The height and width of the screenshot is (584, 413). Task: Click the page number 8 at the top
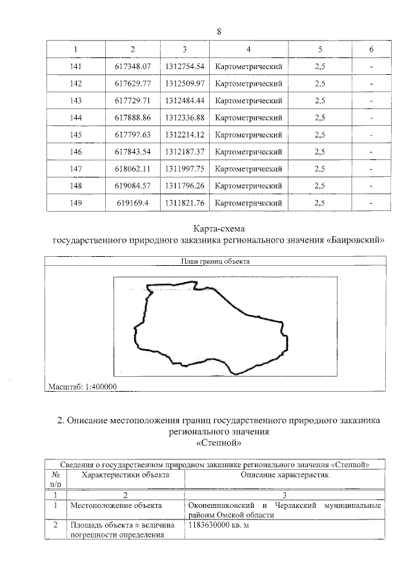219,32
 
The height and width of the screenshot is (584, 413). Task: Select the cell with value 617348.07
132,66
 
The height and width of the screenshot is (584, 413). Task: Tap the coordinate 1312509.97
185,83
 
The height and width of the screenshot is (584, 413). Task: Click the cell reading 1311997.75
185,168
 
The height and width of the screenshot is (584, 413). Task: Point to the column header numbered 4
248,50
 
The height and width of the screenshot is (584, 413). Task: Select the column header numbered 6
371,50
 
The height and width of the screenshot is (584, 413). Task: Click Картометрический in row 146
248,152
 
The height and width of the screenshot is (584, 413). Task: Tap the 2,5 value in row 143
319,101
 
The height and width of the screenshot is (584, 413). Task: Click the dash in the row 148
371,186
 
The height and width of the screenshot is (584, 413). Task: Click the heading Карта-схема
219,228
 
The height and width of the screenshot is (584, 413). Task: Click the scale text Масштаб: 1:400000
81,387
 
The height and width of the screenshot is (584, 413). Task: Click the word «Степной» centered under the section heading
219,443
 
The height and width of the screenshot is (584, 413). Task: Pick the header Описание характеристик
285,474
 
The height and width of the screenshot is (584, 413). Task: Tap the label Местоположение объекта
116,505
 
